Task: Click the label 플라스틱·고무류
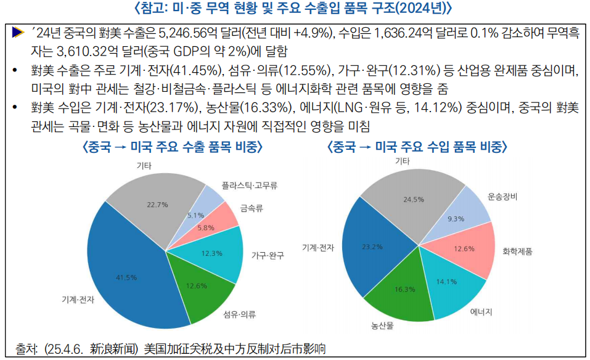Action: click(x=250, y=185)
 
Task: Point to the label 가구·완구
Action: click(x=268, y=255)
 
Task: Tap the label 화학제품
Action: click(x=517, y=252)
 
